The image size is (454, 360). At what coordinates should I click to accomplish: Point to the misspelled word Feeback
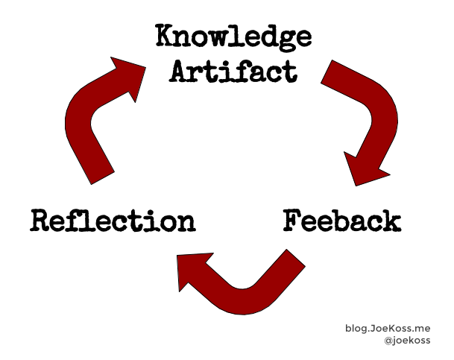point(342,221)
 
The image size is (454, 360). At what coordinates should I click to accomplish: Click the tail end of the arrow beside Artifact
point(331,72)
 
